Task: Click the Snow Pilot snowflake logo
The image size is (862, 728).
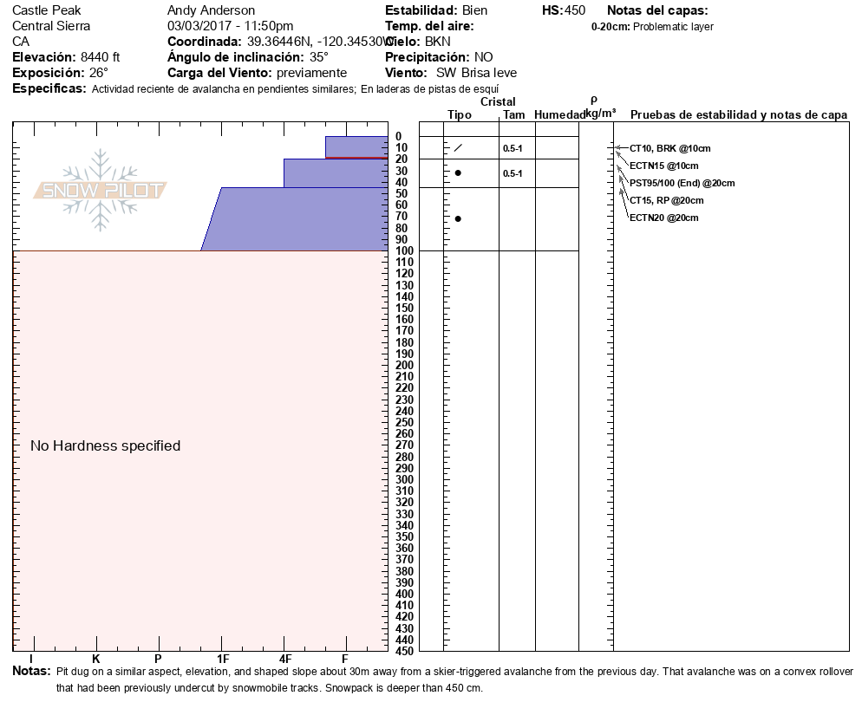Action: [x=101, y=190]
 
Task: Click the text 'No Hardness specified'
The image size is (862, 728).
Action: [x=105, y=445]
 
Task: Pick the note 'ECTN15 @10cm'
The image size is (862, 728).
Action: [x=663, y=166]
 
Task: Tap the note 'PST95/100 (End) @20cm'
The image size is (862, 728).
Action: [x=682, y=183]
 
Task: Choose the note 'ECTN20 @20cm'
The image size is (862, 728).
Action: [x=663, y=218]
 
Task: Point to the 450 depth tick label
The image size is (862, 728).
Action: [x=403, y=650]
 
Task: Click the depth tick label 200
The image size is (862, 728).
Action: [x=403, y=365]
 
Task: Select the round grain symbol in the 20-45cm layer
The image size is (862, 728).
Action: [x=458, y=173]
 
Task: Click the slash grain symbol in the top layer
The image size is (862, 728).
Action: [x=458, y=148]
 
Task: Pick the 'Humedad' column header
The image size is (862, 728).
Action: [x=559, y=114]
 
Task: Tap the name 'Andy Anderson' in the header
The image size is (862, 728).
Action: [x=211, y=10]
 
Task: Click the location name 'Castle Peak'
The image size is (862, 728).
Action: [x=46, y=10]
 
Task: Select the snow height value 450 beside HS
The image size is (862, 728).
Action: [x=575, y=10]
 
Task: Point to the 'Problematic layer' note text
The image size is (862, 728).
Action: [x=674, y=27]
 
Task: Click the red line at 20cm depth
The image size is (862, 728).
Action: [x=356, y=159]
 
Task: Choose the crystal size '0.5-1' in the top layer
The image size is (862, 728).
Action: [x=513, y=148]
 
